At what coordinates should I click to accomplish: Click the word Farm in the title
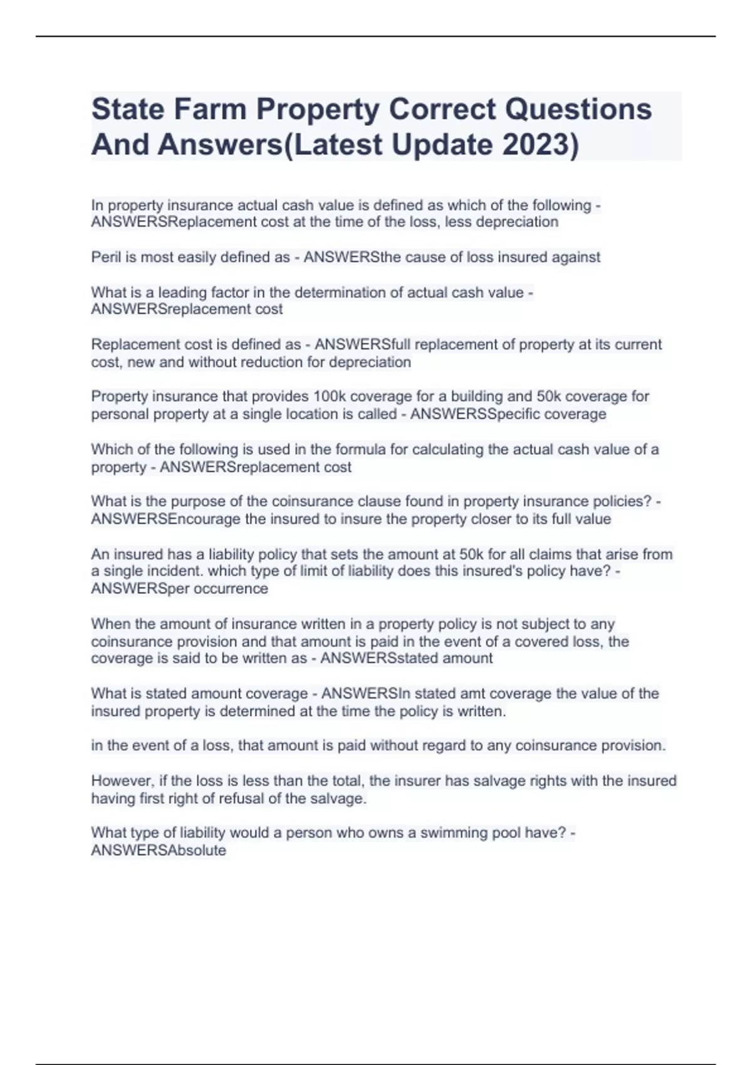(x=210, y=109)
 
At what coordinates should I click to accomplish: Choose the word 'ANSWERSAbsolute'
(x=159, y=851)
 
